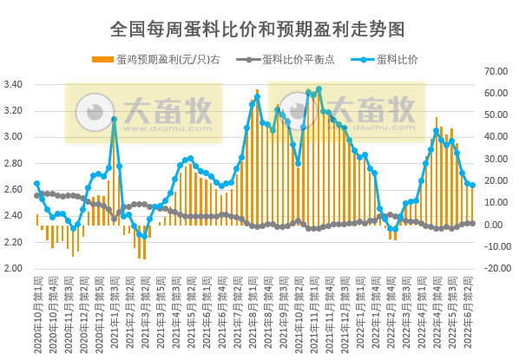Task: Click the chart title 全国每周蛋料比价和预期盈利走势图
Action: click(x=259, y=29)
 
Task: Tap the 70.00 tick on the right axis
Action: click(x=496, y=71)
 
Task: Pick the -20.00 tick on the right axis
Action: click(x=496, y=268)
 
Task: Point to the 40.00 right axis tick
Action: click(x=496, y=137)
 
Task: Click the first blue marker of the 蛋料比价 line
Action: click(x=36, y=183)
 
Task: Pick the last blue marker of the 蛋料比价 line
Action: click(x=472, y=186)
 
